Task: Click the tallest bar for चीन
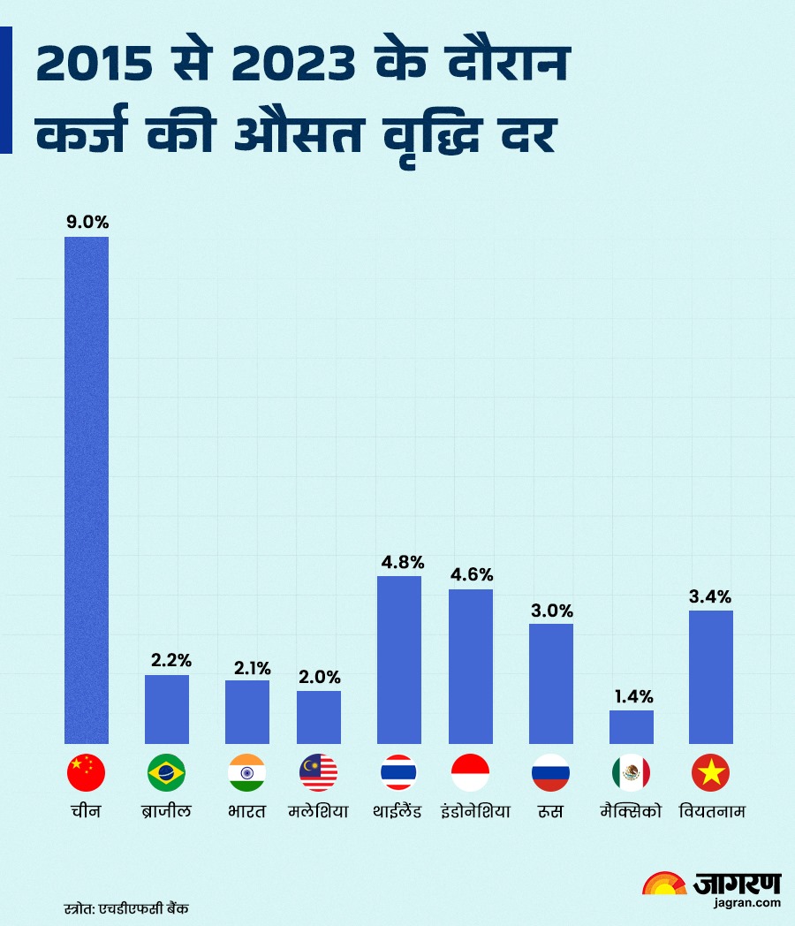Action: pos(87,490)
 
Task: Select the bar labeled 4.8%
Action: pos(399,659)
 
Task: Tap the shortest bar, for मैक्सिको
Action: pos(632,726)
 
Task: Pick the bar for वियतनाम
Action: pos(711,676)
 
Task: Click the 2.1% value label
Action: pos(253,668)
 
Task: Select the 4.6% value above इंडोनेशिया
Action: pos(471,573)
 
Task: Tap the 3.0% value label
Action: pos(551,611)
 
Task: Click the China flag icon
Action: pos(87,773)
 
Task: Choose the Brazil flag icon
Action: pos(166,773)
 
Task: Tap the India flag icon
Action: pos(246,773)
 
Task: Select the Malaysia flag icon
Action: pos(318,773)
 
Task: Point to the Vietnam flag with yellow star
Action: pos(711,773)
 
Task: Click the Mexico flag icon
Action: pos(631,773)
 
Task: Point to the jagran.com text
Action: pos(749,902)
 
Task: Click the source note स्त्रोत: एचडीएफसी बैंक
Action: pos(127,907)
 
